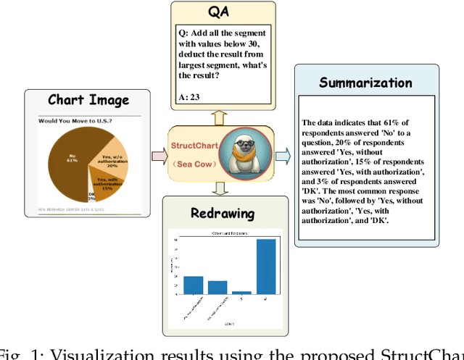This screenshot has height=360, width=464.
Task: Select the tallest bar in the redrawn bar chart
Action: (x=266, y=266)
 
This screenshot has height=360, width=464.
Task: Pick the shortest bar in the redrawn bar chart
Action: (x=242, y=292)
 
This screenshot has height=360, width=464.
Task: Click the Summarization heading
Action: (x=366, y=82)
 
